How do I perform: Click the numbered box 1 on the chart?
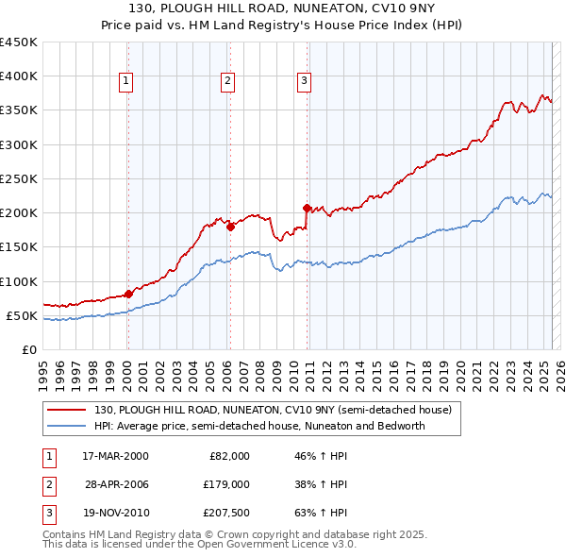pos(126,82)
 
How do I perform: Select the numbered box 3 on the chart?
pos(305,82)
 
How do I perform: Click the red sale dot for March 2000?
pos(128,294)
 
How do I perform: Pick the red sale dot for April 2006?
pos(230,227)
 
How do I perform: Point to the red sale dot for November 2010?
pos(307,208)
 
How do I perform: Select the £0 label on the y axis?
pos(28,349)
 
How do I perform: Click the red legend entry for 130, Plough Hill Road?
pos(273,411)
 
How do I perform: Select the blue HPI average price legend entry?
pos(259,426)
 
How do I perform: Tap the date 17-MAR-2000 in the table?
pos(115,456)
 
